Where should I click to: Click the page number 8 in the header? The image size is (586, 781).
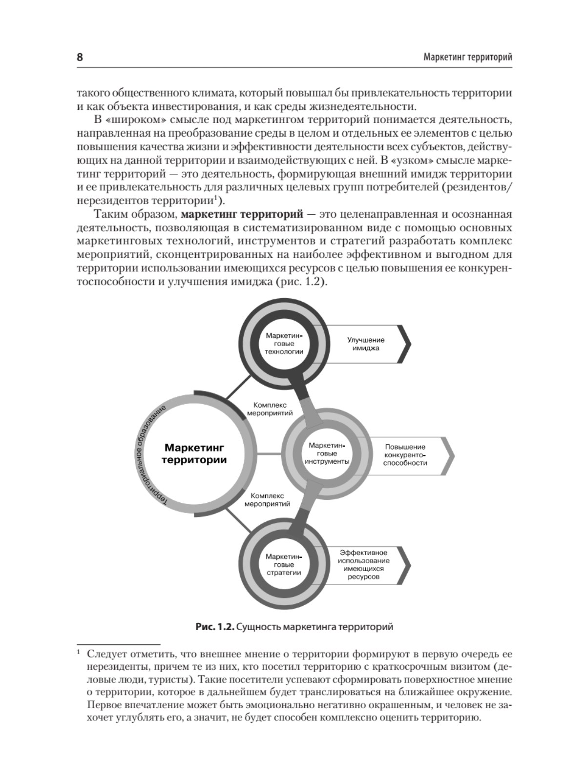[x=80, y=57]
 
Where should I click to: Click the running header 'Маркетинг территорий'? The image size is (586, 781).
[x=467, y=57]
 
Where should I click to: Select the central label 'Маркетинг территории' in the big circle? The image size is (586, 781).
[x=195, y=453]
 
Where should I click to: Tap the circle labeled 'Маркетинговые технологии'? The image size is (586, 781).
[x=284, y=344]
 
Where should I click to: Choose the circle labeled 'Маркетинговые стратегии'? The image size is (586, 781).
[x=284, y=564]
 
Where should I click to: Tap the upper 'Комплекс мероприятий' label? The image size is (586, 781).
[x=270, y=409]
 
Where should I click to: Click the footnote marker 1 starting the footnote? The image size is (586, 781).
[x=79, y=653]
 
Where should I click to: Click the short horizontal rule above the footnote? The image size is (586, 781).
[x=119, y=644]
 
